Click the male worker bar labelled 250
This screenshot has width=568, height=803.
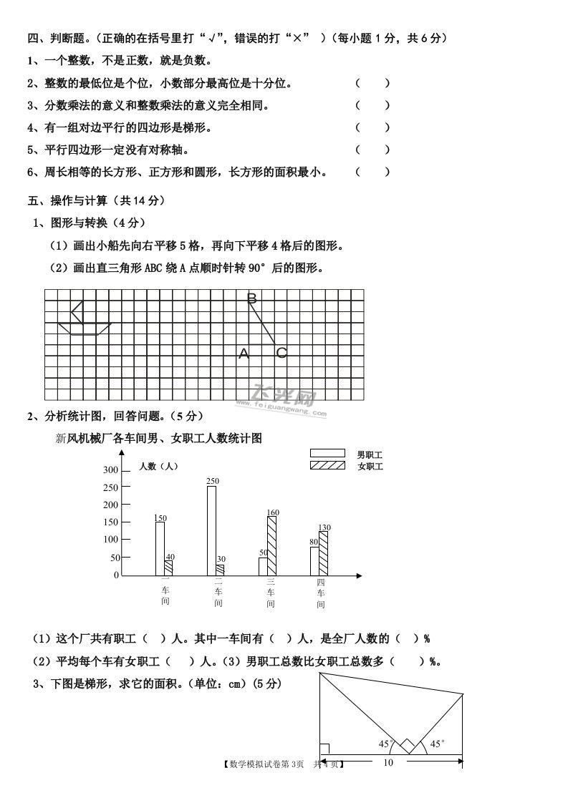click(x=211, y=530)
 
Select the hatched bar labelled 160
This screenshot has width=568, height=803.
click(x=271, y=545)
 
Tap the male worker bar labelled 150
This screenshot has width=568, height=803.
click(x=160, y=548)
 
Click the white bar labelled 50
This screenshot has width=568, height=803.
click(x=263, y=566)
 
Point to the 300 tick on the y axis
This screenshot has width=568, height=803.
click(x=110, y=470)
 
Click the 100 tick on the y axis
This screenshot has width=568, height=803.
click(x=110, y=540)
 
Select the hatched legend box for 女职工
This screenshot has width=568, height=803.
click(x=327, y=466)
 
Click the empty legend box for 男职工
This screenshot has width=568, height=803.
click(x=327, y=453)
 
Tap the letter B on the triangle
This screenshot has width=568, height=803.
click(x=251, y=299)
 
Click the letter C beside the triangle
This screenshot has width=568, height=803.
click(x=281, y=353)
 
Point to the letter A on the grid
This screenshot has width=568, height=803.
click(x=244, y=354)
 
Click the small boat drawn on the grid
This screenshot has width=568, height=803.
click(x=83, y=319)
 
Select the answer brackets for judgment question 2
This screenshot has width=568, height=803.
click(x=372, y=83)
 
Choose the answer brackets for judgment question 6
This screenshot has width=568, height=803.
click(x=372, y=172)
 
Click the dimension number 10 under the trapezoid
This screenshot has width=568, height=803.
click(x=388, y=762)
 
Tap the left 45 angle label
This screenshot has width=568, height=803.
click(x=384, y=744)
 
